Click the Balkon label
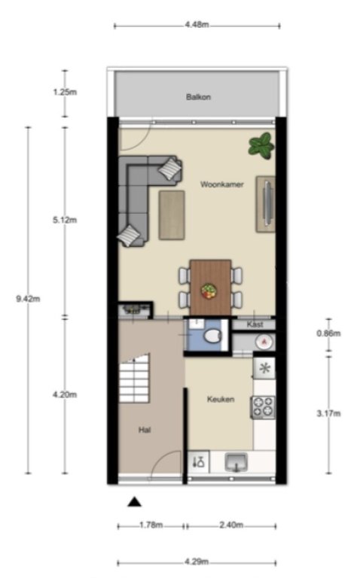coord(198,97)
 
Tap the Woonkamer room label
coord(222,184)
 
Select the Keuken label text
coord(221,399)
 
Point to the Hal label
coord(145,430)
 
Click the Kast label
coord(255,324)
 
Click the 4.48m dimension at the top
coord(197,25)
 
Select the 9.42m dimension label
coord(28,299)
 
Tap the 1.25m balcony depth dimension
coord(65,92)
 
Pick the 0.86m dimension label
coord(328,333)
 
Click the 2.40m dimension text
coord(231,525)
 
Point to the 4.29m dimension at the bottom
coord(197,561)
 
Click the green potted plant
coord(261,146)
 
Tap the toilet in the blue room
coord(212,336)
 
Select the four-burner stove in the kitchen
coord(264,407)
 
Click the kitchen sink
coord(236,462)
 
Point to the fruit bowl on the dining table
coord(209,291)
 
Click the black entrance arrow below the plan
coord(134,502)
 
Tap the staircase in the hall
coord(134,379)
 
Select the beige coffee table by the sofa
coord(172,215)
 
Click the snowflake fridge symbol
coord(265,368)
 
